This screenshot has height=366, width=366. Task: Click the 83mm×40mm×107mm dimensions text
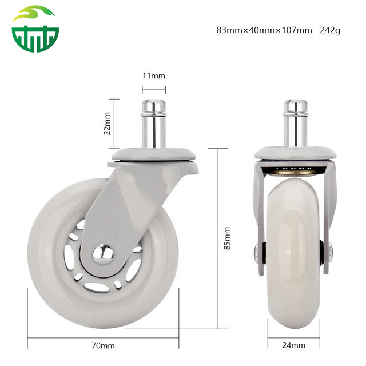[264, 30]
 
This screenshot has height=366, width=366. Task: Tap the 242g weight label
[330, 30]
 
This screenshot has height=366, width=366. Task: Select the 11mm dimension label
[154, 75]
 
